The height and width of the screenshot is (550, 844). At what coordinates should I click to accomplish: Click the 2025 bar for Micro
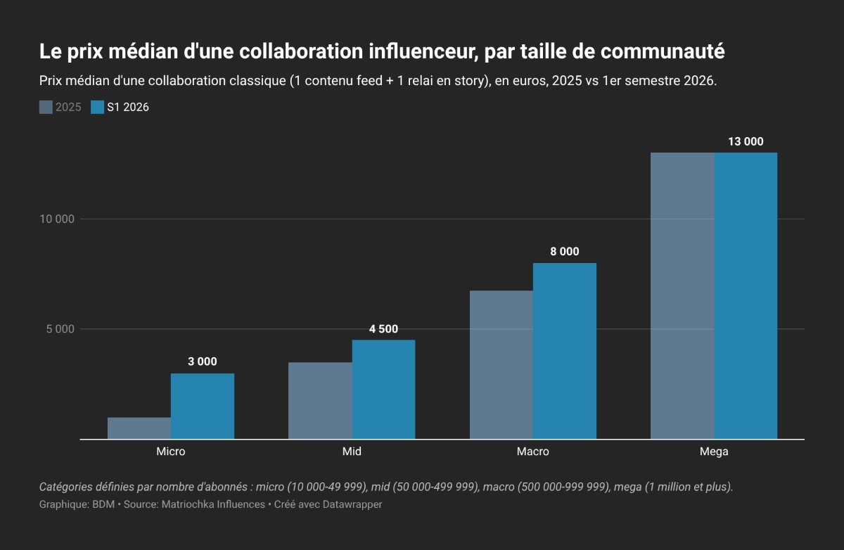coord(139,428)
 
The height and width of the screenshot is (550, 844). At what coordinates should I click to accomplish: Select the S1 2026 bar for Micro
coord(203,406)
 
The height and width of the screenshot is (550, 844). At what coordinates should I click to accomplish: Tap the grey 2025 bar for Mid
coord(320,400)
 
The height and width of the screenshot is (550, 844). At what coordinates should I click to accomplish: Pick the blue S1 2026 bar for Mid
coord(383,389)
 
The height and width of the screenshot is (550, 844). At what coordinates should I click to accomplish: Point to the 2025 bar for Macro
coord(501,364)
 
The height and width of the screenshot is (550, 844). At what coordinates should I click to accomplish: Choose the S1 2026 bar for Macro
coord(565,351)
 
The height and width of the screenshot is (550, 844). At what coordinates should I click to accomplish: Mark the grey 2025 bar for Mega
coord(682,295)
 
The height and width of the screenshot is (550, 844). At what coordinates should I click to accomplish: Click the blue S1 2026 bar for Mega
coord(746,295)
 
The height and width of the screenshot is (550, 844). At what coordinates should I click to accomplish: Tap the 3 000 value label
coord(203,362)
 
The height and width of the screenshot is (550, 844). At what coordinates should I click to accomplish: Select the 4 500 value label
coord(383,329)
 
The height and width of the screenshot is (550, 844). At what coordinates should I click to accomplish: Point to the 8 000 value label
coord(564,251)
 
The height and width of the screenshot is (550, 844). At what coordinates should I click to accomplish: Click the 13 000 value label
coord(746,141)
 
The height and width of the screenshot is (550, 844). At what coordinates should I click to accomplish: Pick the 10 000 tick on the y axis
coord(57,219)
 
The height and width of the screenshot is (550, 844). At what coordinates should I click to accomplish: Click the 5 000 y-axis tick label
coord(60,329)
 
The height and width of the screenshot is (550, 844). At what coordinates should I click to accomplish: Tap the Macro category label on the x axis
coord(533,452)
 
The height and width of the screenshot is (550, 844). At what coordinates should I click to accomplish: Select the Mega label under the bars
coord(714,452)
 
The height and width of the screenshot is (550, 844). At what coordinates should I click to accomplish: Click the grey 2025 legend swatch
coord(46,108)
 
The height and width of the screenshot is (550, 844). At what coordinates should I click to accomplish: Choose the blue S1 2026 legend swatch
coord(97,108)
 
